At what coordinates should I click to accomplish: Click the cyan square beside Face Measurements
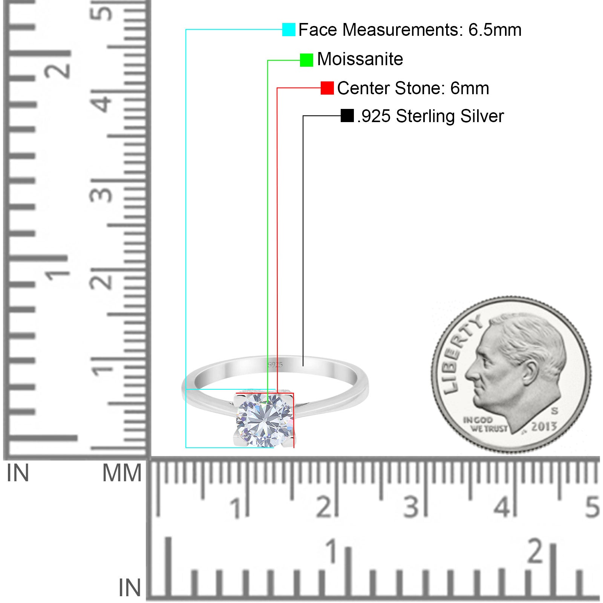coord(289,29)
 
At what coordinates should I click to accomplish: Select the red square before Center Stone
coord(327,88)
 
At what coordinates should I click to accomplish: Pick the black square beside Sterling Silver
coord(347,116)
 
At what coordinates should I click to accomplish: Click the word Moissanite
coord(360,59)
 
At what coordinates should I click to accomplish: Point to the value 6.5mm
coord(495,30)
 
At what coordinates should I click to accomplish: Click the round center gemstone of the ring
coord(265,419)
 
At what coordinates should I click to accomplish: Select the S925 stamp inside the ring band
coord(275,364)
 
